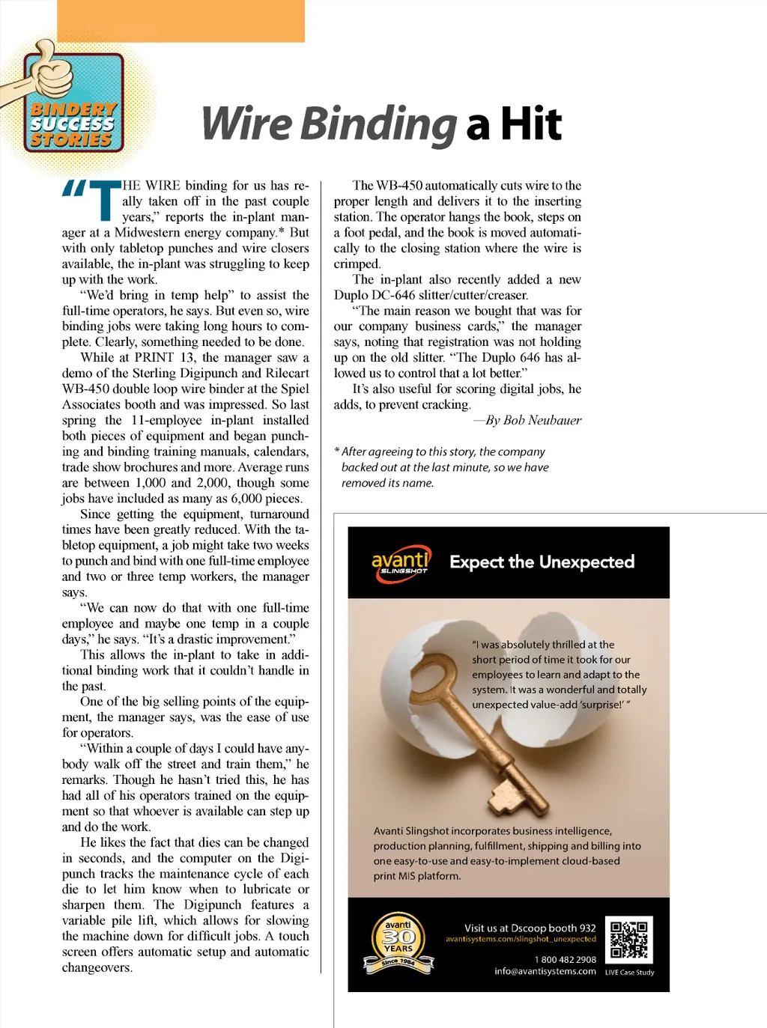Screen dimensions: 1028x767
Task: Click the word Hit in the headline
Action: (531, 124)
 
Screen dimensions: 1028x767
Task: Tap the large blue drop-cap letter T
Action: (104, 201)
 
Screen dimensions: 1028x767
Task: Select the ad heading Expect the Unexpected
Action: (542, 562)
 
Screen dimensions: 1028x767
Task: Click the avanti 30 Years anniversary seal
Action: (398, 943)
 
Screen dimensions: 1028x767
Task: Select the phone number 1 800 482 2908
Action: (565, 959)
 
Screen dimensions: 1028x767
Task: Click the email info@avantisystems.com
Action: (545, 971)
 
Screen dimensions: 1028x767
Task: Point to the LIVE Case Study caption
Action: (629, 973)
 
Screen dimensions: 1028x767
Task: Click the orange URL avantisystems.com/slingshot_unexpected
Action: (521, 939)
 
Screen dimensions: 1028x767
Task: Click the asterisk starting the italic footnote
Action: (337, 451)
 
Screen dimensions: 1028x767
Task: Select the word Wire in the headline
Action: (246, 124)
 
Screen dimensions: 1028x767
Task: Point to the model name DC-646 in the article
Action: (399, 295)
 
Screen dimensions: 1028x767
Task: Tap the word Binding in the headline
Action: (379, 124)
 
